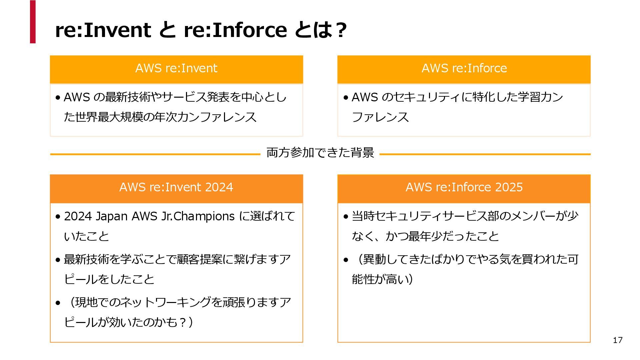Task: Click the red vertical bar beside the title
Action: pyautogui.click(x=33, y=22)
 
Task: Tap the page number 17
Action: pyautogui.click(x=617, y=340)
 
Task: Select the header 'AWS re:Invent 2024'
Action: pyautogui.click(x=176, y=187)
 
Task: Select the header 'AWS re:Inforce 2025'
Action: pyautogui.click(x=464, y=187)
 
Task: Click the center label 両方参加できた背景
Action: pyautogui.click(x=320, y=153)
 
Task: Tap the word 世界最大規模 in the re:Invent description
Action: pyautogui.click(x=109, y=117)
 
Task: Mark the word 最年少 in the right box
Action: pyautogui.click(x=425, y=236)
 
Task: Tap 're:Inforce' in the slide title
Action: pyautogui.click(x=235, y=30)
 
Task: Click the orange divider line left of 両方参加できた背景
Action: pyautogui.click(x=155, y=154)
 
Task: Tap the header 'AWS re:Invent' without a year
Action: pyautogui.click(x=176, y=68)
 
